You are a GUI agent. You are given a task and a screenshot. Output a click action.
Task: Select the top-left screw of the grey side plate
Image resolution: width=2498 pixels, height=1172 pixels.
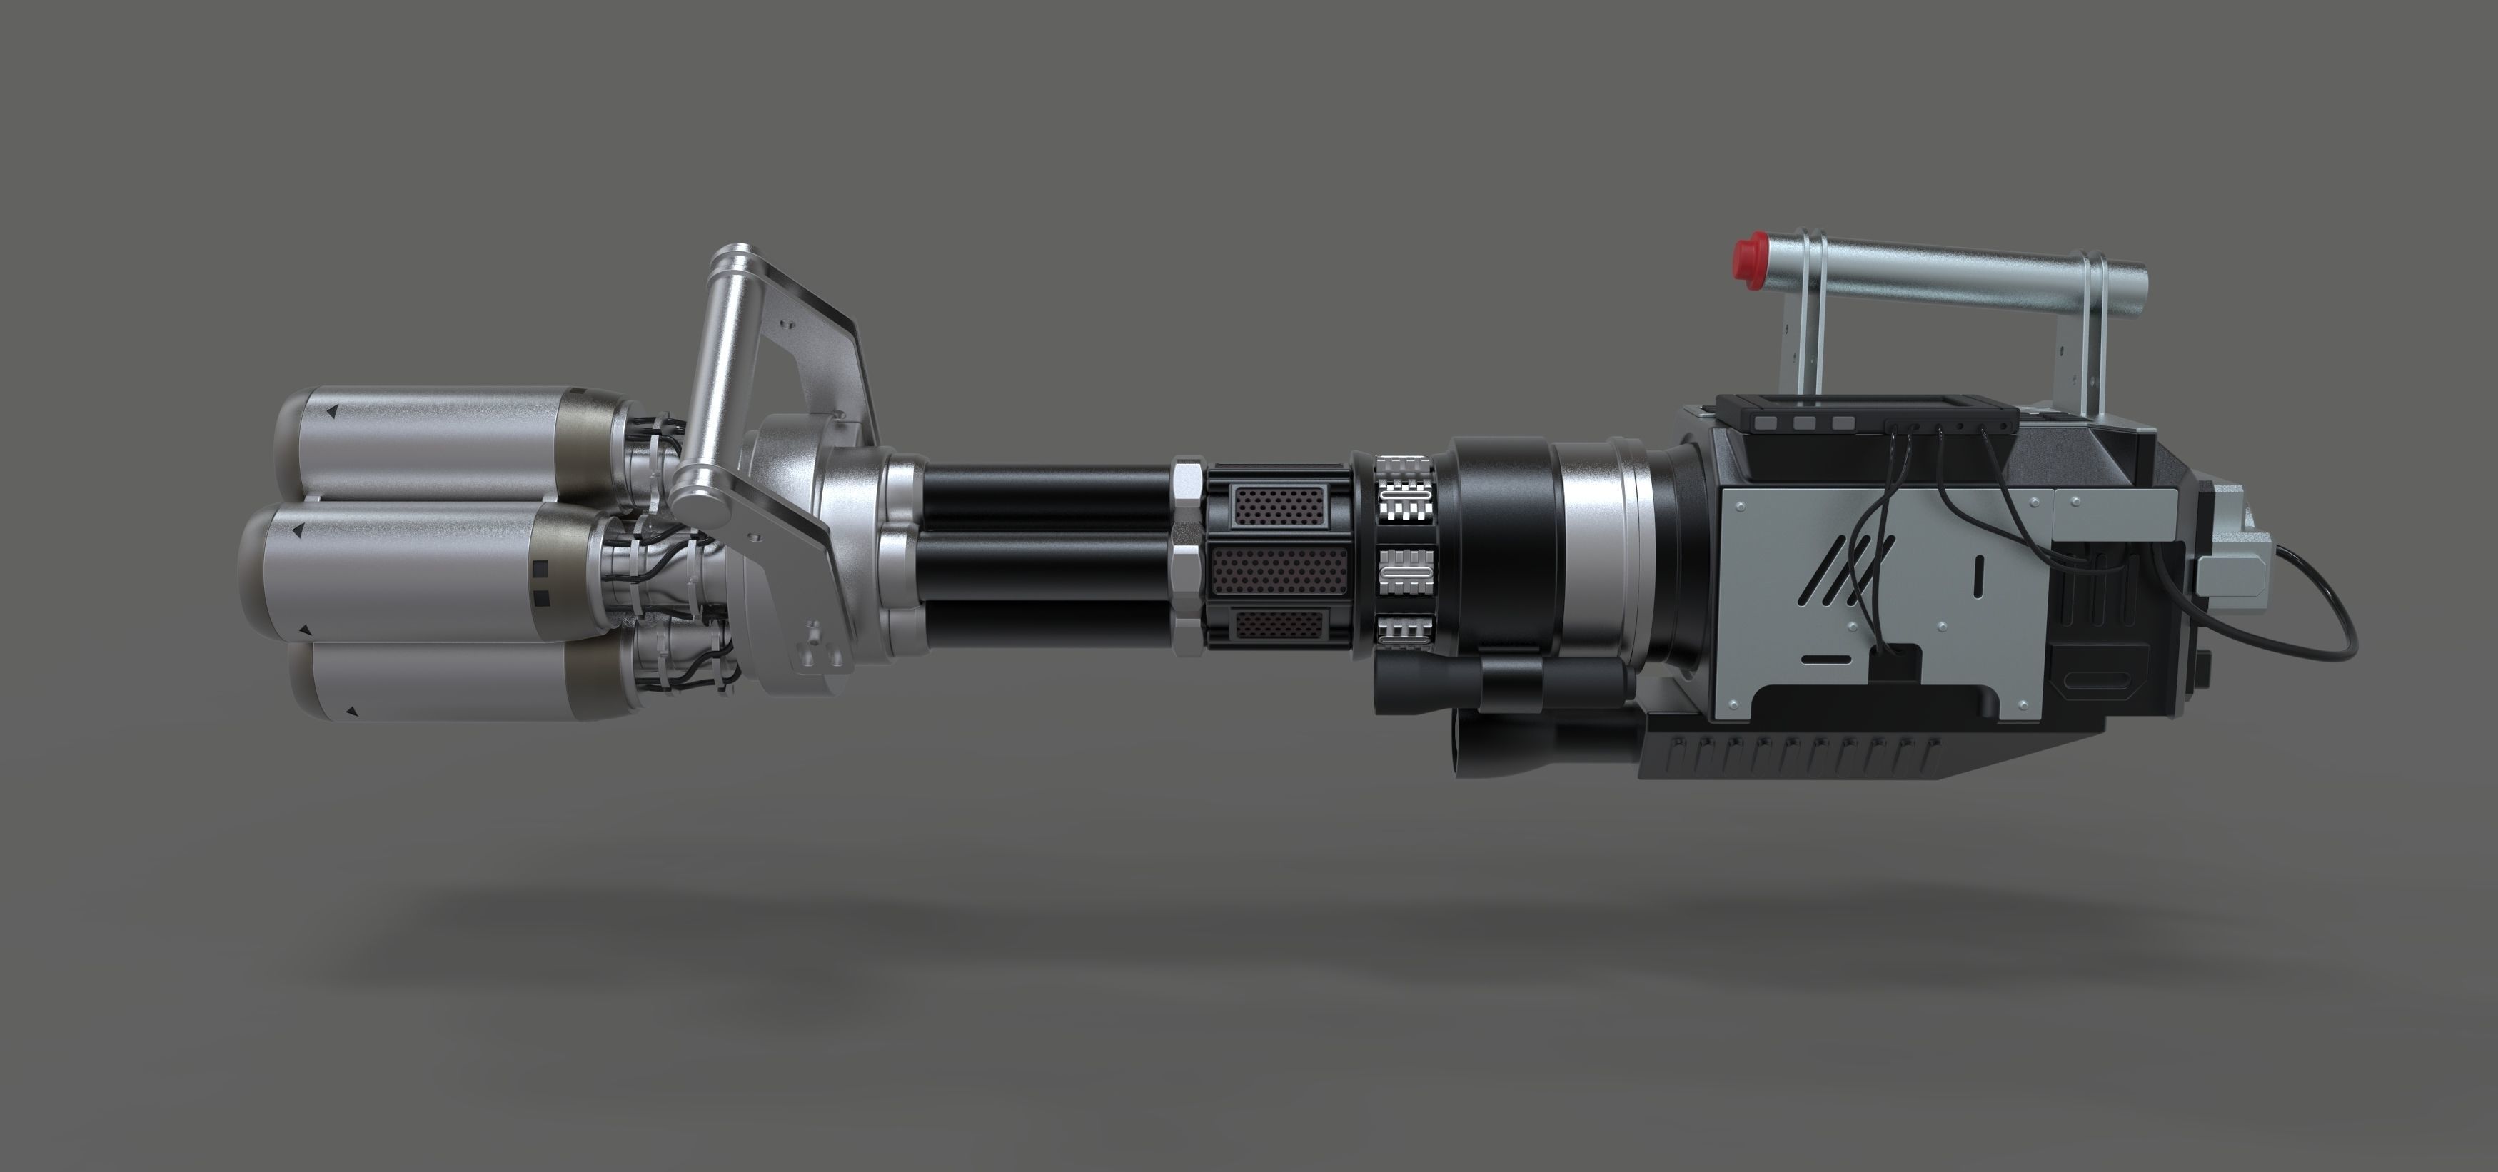pyautogui.click(x=1742, y=504)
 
